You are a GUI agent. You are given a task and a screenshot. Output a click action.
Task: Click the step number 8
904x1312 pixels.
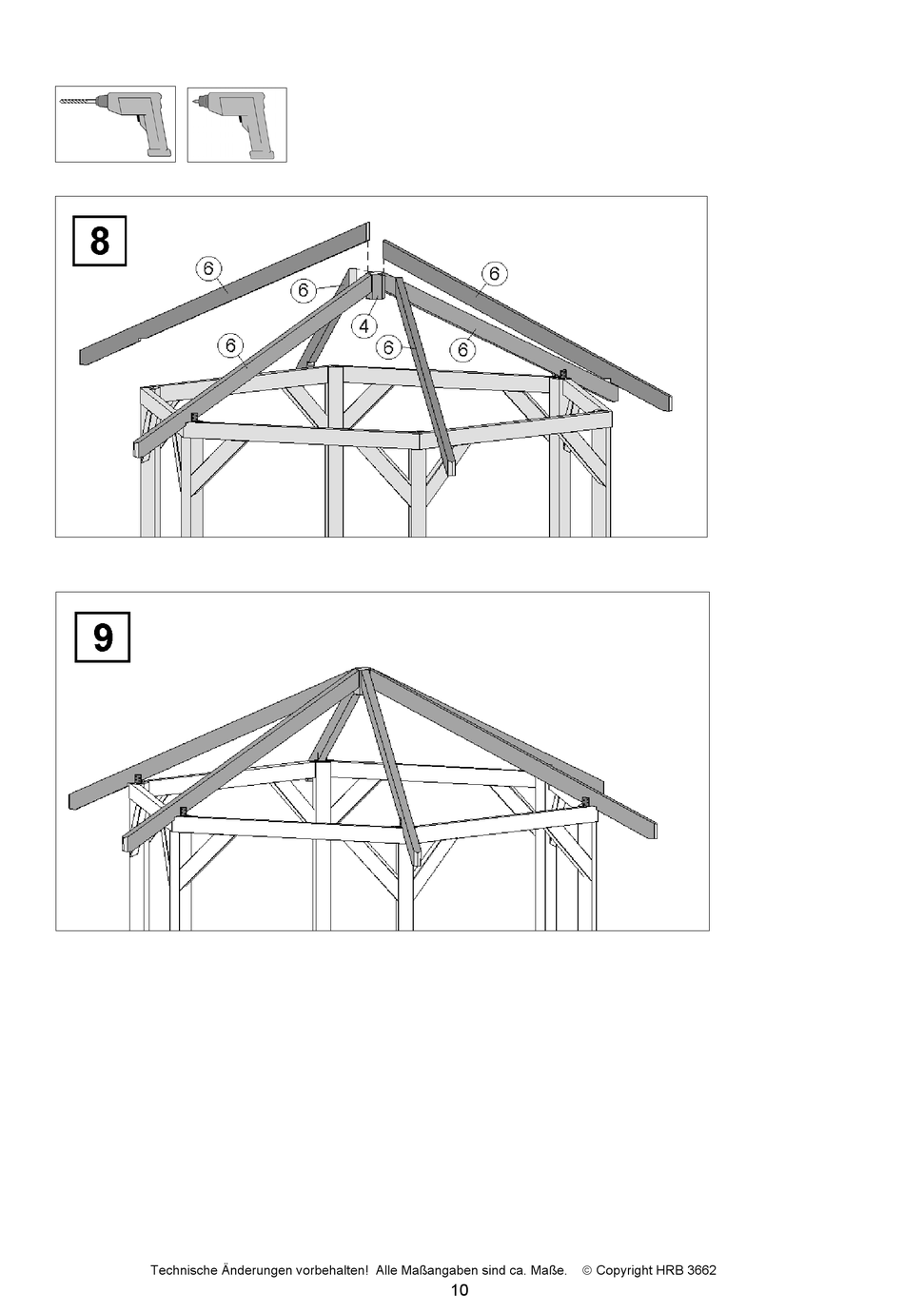click(100, 241)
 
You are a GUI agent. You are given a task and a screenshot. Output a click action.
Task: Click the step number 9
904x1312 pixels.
click(103, 636)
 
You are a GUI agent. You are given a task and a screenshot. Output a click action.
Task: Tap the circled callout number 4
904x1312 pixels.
click(364, 326)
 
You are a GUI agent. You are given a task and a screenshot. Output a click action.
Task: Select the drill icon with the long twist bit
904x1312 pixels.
click(115, 125)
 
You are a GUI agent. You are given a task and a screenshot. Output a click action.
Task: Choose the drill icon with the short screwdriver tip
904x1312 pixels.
click(237, 125)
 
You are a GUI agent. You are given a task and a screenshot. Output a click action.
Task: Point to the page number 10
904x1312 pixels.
click(460, 1291)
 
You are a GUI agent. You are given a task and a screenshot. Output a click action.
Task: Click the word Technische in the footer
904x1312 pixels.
click(183, 1270)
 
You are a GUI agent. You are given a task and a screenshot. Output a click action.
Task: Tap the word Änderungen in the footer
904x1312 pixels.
click(257, 1270)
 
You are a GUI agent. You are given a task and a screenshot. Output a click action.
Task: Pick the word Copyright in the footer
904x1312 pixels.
click(624, 1270)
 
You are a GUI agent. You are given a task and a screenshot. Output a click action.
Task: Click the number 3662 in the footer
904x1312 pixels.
click(701, 1270)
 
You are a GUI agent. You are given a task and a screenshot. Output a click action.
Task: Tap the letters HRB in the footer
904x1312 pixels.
click(670, 1270)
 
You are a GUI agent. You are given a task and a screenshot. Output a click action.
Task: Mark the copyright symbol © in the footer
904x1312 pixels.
click(587, 1270)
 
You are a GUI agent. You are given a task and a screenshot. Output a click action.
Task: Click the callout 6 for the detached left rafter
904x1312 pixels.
click(209, 269)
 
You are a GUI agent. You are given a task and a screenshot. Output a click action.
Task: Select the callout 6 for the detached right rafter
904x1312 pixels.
click(495, 274)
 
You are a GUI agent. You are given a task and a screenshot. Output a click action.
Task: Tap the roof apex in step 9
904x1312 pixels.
click(360, 670)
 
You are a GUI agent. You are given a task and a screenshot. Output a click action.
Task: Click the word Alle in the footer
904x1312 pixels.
click(388, 1270)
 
